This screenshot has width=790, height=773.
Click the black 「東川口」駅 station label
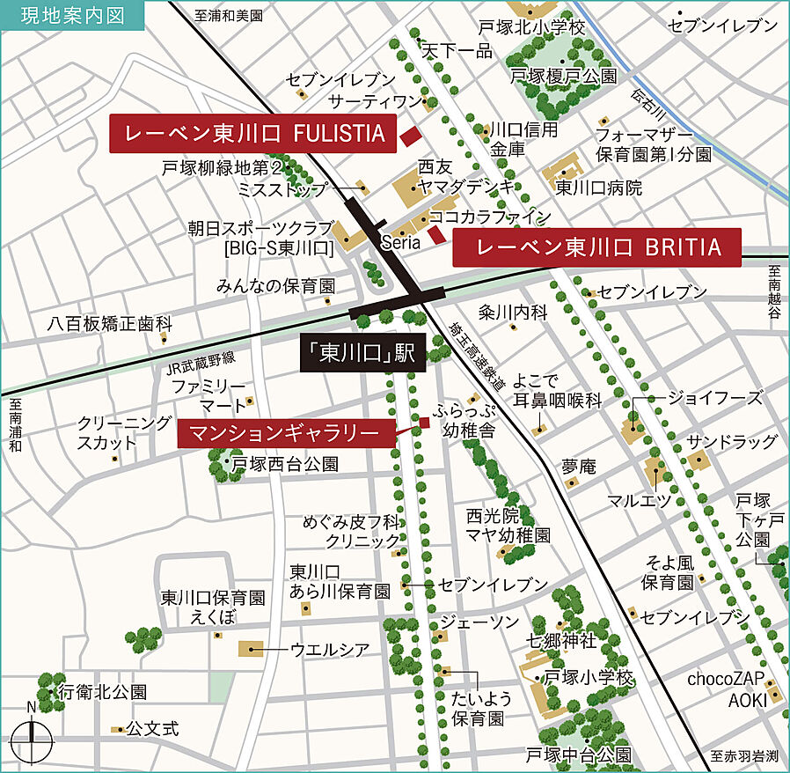362,354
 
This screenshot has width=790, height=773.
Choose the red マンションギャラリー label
284,432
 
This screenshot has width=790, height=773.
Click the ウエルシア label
330,650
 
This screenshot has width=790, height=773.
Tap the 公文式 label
152,729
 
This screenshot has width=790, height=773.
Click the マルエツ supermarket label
640,500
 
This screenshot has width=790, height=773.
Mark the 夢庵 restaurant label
580,466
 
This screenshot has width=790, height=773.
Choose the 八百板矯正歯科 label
110,324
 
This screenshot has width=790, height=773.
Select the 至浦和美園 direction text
230,16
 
